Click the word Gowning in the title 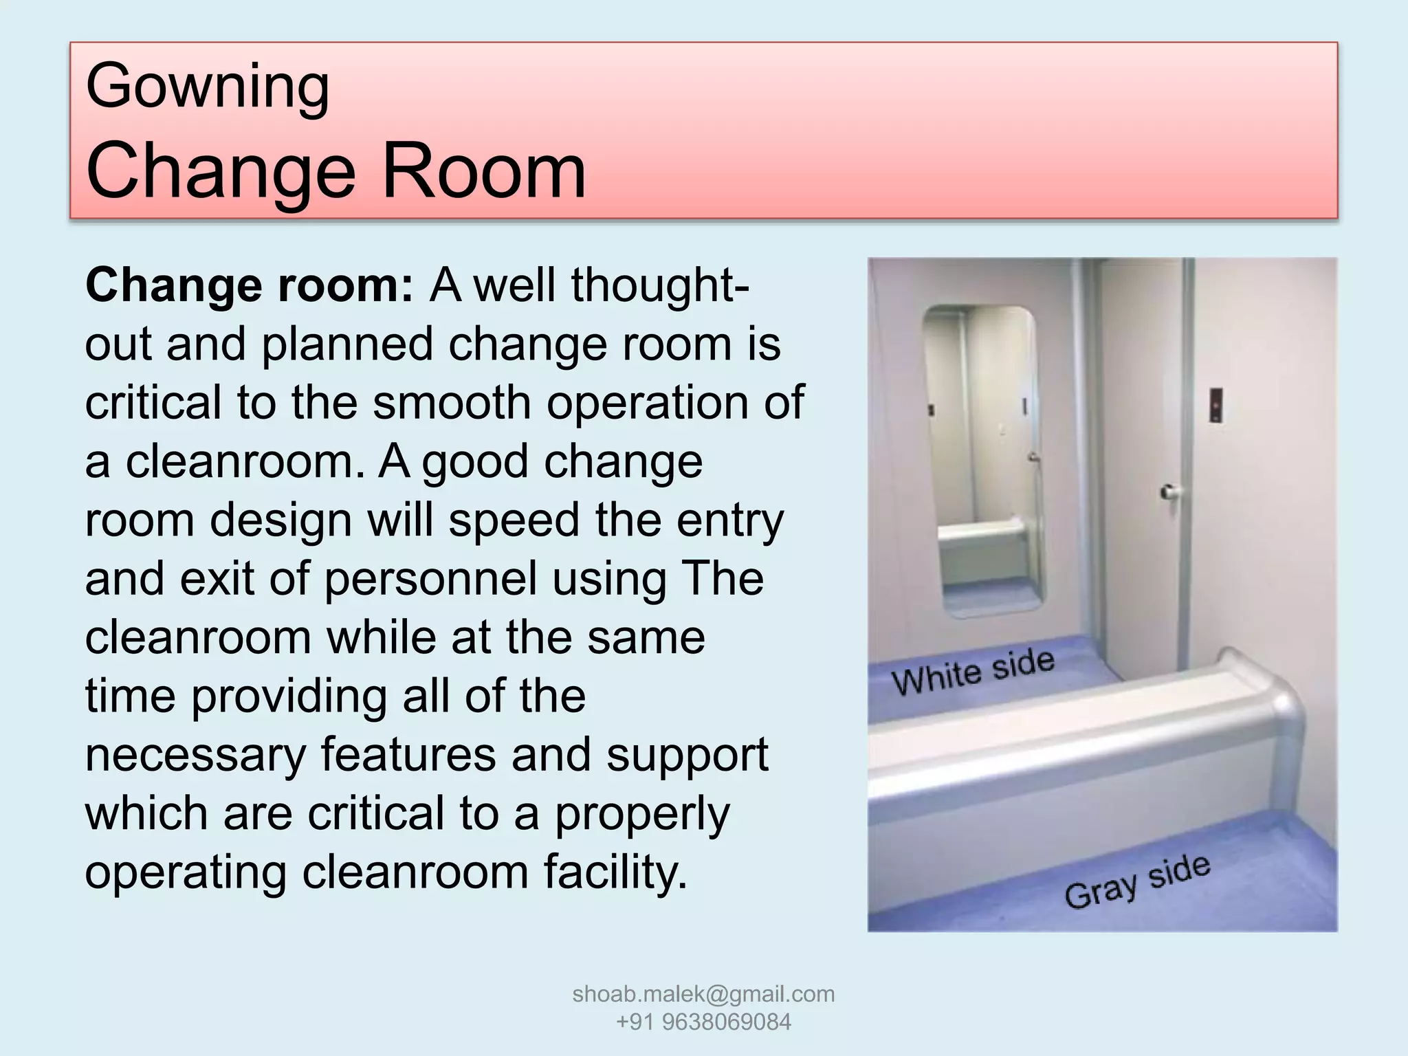coord(208,88)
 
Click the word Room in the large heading coord(483,170)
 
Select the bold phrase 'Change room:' coord(250,285)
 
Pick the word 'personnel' coord(430,578)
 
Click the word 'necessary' coord(195,755)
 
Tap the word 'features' coord(408,755)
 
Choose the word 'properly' coord(642,814)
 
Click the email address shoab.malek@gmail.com coord(703,993)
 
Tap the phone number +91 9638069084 coord(703,1022)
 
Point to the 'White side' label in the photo coord(972,671)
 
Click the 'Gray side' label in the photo coord(1137,882)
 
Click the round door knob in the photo coord(1168,492)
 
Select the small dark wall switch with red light coord(1215,405)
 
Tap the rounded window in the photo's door coord(983,461)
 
